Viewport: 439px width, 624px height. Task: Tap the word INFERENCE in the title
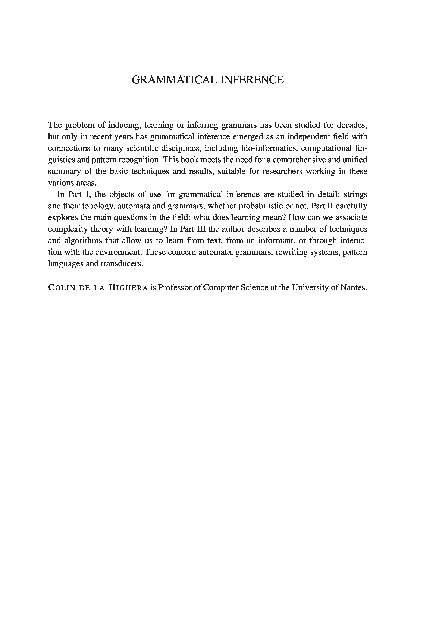(252, 80)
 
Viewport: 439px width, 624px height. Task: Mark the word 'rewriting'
(291, 252)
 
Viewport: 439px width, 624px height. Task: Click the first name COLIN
(61, 288)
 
